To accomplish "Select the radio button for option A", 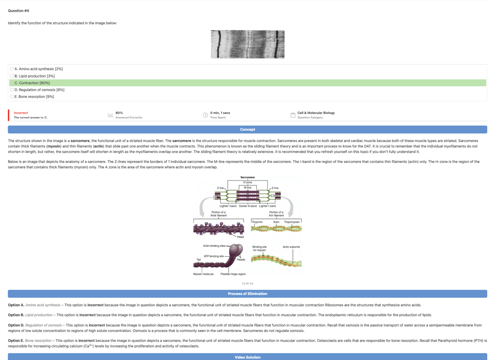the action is point(12,69).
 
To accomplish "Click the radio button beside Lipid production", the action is point(12,76).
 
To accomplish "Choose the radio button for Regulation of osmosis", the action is point(12,90).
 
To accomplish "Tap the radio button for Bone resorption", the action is point(12,97).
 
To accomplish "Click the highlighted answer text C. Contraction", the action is point(32,83).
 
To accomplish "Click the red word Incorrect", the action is point(21,113).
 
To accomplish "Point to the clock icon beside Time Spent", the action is point(205,115).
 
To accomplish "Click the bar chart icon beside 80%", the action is point(110,115).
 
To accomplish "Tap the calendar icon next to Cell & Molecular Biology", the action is point(293,115).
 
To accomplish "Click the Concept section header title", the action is point(247,129).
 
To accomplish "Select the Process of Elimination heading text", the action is point(247,294).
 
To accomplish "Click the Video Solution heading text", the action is point(247,357).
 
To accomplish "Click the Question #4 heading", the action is point(18,11).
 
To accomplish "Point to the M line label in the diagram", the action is point(248,188).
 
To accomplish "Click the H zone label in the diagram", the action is point(248,182).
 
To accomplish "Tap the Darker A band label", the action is point(248,206).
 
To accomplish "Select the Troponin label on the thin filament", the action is point(257,222).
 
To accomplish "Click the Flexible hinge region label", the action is point(233,274).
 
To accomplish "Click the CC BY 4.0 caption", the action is point(247,284).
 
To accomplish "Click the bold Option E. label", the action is point(16,341).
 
